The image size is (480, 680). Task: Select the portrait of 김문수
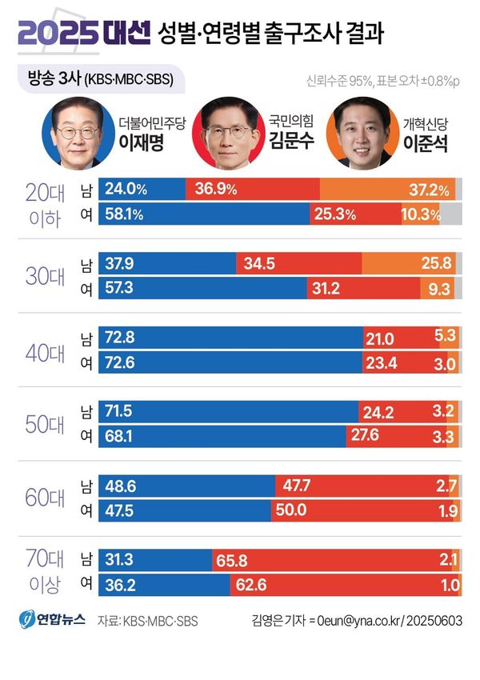click(226, 131)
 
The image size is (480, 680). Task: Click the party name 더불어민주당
click(151, 123)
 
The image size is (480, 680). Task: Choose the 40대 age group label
click(45, 351)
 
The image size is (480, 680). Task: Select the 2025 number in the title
click(56, 33)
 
